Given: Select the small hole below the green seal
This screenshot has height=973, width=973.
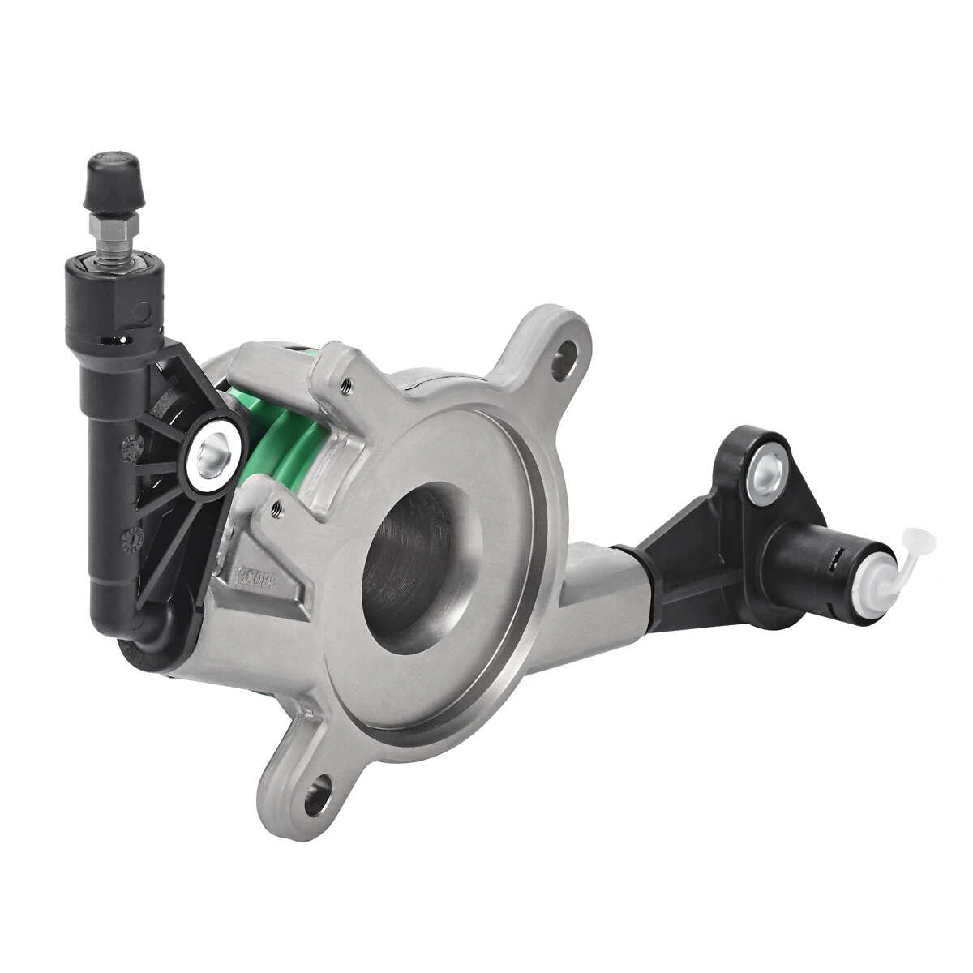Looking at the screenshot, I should click(x=276, y=507).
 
